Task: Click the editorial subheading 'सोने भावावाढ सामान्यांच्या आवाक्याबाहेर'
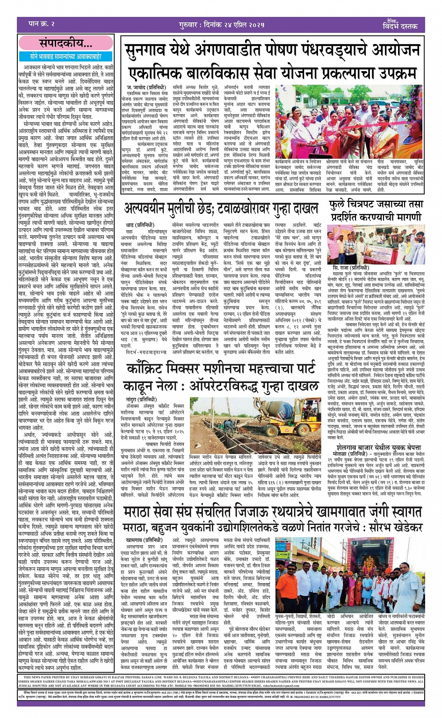point(65,56)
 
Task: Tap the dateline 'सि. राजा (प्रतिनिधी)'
point(351,267)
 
